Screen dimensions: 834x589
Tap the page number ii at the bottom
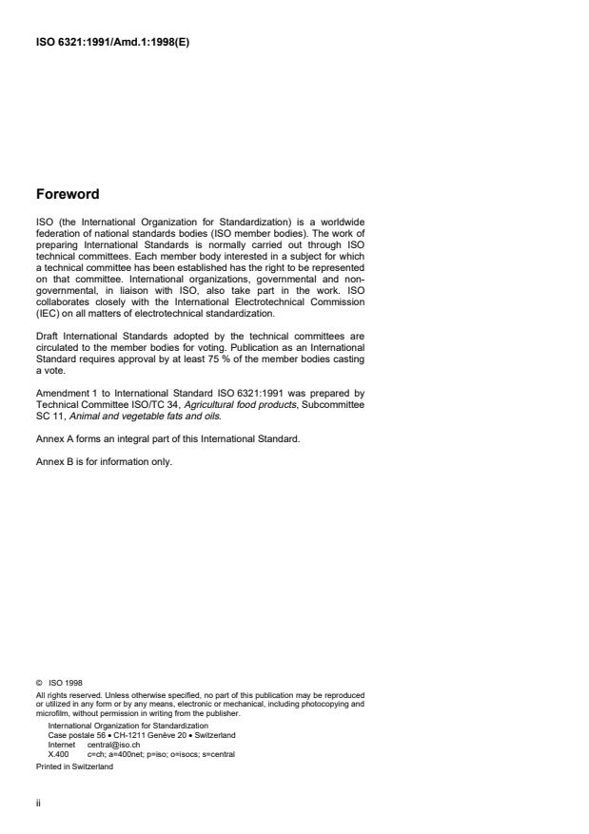coord(38,801)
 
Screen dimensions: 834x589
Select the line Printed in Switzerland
coord(74,765)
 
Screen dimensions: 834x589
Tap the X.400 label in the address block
coord(58,754)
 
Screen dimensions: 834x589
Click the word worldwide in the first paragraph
coord(342,221)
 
